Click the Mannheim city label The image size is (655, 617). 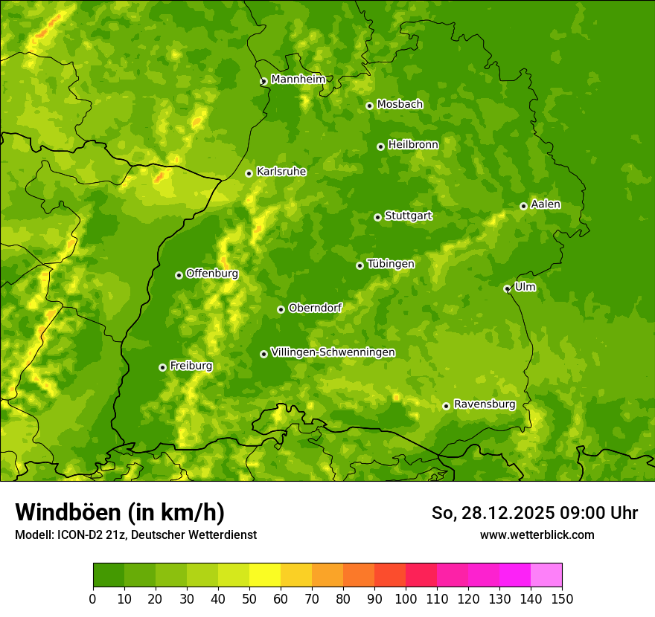pyautogui.click(x=298, y=80)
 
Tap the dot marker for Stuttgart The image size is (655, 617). pyautogui.click(x=377, y=217)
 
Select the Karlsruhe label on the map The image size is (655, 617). pyautogui.click(x=281, y=172)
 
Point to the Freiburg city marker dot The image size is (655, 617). pyautogui.click(x=162, y=367)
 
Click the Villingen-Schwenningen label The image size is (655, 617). pyautogui.click(x=333, y=352)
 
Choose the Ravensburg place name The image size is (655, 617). pyautogui.click(x=484, y=404)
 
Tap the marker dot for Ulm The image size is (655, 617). pyautogui.click(x=507, y=288)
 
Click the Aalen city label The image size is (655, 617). pyautogui.click(x=545, y=204)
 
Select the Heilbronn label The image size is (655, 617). pyautogui.click(x=413, y=145)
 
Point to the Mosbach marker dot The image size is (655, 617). pyautogui.click(x=369, y=106)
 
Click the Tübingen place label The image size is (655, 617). pyautogui.click(x=390, y=264)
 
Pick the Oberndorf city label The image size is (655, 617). pyautogui.click(x=315, y=308)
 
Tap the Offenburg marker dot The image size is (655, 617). pyautogui.click(x=179, y=275)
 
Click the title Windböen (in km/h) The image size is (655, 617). pyautogui.click(x=119, y=512)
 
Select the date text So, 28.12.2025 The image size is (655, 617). pyautogui.click(x=491, y=513)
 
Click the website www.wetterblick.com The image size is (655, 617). pyautogui.click(x=537, y=534)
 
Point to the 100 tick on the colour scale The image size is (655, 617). pyautogui.click(x=406, y=598)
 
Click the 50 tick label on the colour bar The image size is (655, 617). pyautogui.click(x=249, y=598)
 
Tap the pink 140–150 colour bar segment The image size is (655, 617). pyautogui.click(x=546, y=575)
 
